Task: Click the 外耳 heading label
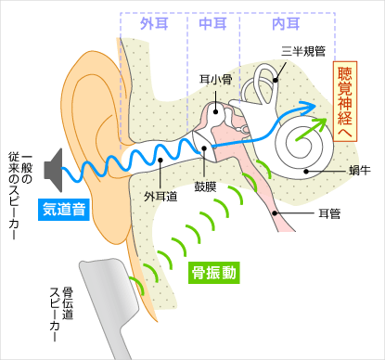[x=153, y=24]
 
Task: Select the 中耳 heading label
[x=213, y=24]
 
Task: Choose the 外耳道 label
[x=159, y=197]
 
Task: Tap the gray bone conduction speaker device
[x=111, y=297]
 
